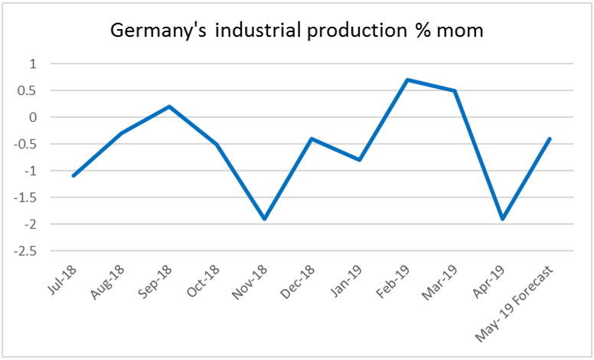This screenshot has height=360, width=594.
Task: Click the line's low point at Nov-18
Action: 264,219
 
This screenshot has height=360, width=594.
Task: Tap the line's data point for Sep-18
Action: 169,106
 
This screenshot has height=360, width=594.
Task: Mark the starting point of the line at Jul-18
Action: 73,176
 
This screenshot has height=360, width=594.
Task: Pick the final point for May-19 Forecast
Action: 549,139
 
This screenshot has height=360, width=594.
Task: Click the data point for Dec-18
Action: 312,139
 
